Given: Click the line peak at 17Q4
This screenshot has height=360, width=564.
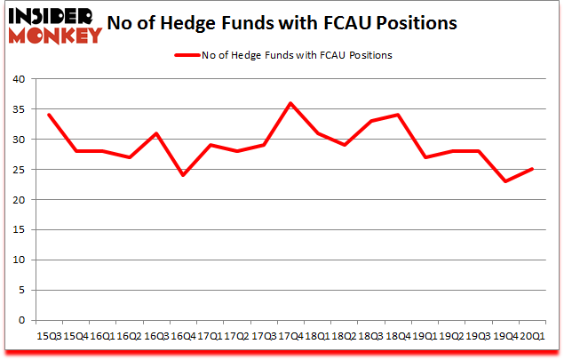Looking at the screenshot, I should pyautogui.click(x=289, y=103).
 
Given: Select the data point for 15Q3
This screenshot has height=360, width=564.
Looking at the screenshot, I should pyautogui.click(x=48, y=115).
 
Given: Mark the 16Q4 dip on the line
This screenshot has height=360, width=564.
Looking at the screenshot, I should pyautogui.click(x=181, y=175).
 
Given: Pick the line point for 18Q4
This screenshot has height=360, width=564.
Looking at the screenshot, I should pyautogui.click(x=396, y=115).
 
